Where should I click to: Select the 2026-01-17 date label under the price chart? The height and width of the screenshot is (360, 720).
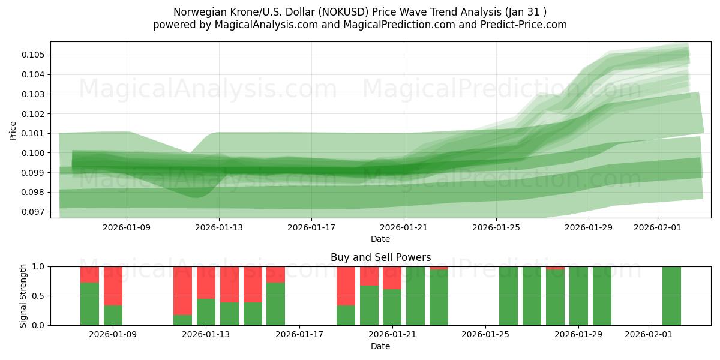coord(311,227)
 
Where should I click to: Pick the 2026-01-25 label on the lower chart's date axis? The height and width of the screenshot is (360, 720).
coord(484,334)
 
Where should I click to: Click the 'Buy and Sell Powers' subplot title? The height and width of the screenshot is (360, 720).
coord(380,257)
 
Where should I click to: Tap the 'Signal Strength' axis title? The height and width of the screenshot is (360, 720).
coord(23,295)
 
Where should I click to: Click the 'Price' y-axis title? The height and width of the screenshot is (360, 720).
coord(13,130)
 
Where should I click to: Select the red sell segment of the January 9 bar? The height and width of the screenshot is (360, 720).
coord(113,286)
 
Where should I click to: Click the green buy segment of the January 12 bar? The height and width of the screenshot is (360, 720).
coord(182,320)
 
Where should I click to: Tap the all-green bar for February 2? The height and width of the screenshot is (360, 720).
coord(671,296)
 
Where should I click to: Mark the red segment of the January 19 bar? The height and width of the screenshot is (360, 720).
coord(346,286)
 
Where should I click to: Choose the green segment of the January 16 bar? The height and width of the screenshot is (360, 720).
coord(275,304)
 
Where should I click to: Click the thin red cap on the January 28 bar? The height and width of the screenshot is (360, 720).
coord(555,268)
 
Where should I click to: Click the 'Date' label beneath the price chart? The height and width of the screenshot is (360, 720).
coord(380,239)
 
